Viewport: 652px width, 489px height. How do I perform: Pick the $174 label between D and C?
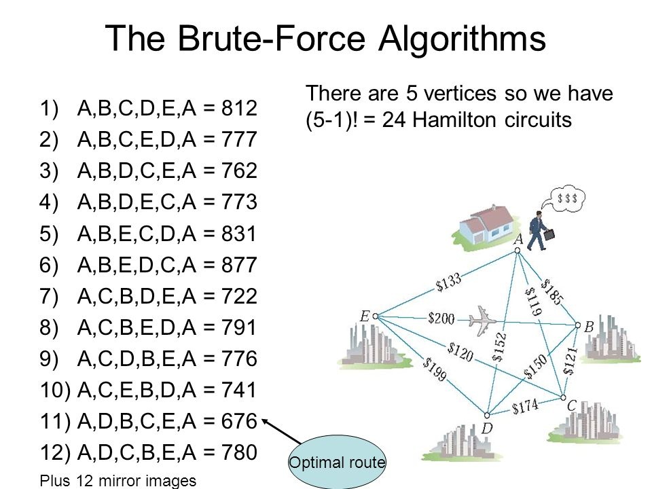(525, 406)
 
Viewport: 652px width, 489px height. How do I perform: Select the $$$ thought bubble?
(568, 199)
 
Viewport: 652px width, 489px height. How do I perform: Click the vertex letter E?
(365, 316)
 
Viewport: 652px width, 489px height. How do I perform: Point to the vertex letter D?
(487, 429)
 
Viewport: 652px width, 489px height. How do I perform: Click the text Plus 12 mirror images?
(118, 480)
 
